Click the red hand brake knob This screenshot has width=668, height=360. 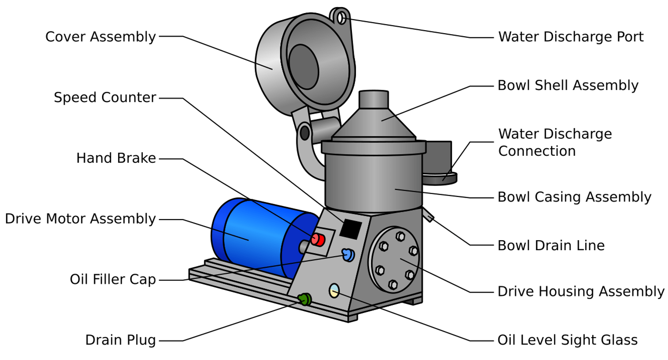coord(318,240)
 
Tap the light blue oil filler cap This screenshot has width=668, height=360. coord(348,255)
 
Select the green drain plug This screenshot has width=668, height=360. coord(305,299)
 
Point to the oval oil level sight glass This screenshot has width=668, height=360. coord(334,290)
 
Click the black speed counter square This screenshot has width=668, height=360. coord(351,229)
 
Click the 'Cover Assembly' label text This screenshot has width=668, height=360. coord(100,37)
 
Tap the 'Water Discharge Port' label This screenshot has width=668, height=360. coord(570,37)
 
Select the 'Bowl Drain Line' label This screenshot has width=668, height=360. coord(551,245)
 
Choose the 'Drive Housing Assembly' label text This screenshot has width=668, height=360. coord(580,291)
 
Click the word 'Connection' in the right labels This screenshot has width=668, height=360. coord(537,151)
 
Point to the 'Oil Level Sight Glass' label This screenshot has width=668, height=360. coord(567,340)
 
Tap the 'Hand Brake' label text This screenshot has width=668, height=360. coord(116,158)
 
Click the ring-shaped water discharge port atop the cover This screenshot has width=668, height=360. coord(341,18)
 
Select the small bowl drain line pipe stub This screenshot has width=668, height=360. coord(428,215)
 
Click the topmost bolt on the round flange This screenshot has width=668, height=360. coord(400,237)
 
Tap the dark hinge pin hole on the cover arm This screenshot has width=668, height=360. coord(304,133)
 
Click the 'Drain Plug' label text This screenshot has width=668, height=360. coord(120,340)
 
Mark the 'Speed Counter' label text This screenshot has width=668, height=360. coord(105,98)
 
